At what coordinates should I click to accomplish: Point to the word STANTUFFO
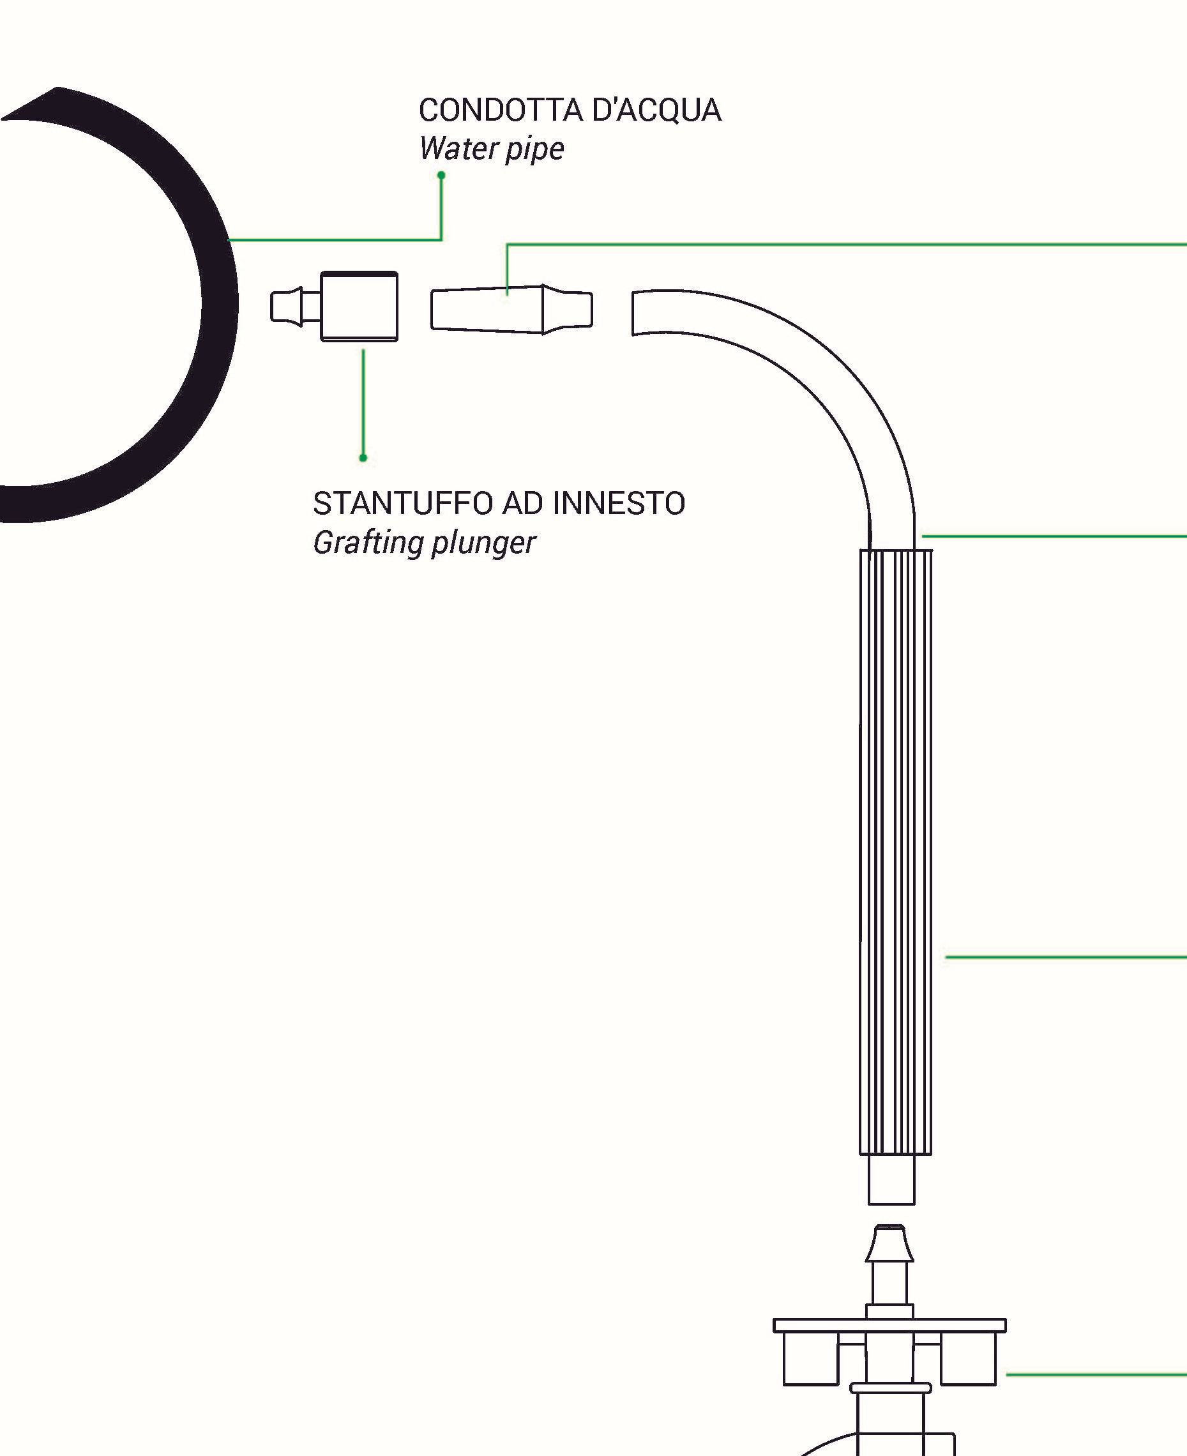pyautogui.click(x=404, y=503)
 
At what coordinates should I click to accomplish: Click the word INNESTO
pyautogui.click(x=618, y=503)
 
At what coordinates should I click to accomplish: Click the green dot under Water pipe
pyautogui.click(x=441, y=176)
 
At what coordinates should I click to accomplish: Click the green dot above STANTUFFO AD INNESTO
pyautogui.click(x=363, y=457)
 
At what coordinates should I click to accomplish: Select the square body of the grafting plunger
pyautogui.click(x=359, y=307)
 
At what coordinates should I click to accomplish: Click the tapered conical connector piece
pyautogui.click(x=511, y=310)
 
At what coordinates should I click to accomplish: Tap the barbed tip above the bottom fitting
pyautogui.click(x=889, y=1245)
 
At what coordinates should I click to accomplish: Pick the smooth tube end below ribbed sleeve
pyautogui.click(x=891, y=1179)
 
